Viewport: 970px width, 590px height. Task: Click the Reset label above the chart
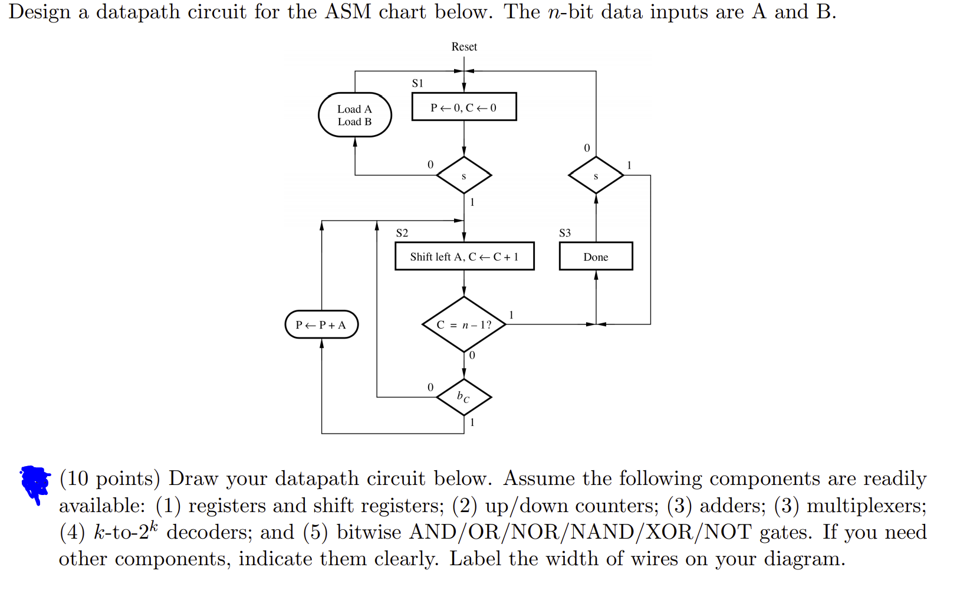(464, 47)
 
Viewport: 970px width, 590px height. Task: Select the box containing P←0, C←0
(464, 107)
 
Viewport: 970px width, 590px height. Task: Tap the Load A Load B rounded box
(354, 115)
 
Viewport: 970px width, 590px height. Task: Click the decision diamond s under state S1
(464, 175)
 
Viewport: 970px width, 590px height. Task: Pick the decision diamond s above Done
(596, 175)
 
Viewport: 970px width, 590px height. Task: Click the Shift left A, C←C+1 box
(464, 257)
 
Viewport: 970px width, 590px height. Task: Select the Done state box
(596, 257)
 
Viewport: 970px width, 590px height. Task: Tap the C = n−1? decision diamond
(464, 324)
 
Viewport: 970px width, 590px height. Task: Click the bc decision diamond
(464, 397)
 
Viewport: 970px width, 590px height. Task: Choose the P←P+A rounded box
(321, 324)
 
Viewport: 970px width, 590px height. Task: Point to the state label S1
(417, 83)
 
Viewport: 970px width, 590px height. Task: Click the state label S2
(402, 233)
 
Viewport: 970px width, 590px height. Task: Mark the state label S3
(565, 233)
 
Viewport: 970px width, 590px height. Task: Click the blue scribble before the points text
(35, 482)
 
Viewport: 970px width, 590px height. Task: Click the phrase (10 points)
(110, 478)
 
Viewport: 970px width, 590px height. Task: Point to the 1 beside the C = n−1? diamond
(511, 315)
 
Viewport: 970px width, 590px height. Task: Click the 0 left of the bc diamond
(430, 387)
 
